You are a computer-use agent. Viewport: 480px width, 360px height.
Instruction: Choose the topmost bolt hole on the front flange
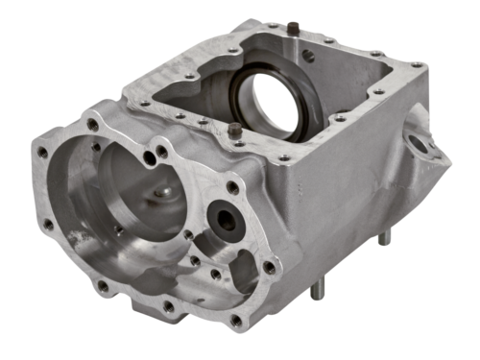click(93, 124)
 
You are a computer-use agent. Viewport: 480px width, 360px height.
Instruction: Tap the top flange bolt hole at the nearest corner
click(284, 156)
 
